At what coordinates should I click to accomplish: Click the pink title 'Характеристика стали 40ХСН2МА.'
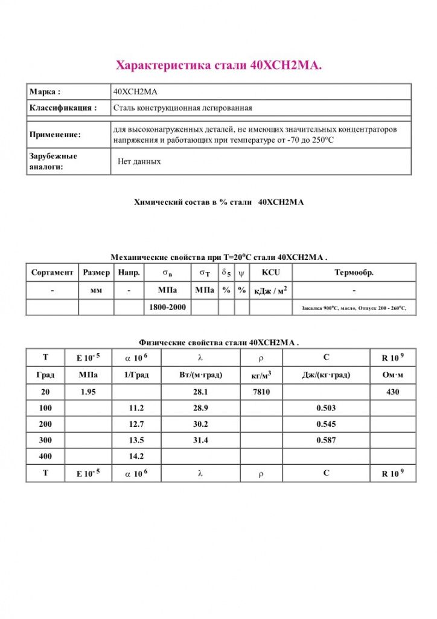(x=218, y=65)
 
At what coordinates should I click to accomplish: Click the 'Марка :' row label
(x=45, y=92)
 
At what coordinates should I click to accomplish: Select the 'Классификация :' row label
(x=63, y=108)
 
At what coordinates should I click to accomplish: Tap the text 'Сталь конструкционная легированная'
(x=182, y=108)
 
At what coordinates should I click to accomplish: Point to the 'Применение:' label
(x=55, y=135)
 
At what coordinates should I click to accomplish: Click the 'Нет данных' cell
(x=139, y=161)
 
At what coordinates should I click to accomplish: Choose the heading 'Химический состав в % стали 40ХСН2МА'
(x=218, y=203)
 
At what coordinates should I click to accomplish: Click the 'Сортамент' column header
(x=53, y=273)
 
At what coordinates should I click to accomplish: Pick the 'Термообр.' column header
(x=354, y=273)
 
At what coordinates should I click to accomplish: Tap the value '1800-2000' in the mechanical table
(x=167, y=308)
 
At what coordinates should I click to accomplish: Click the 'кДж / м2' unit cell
(x=270, y=291)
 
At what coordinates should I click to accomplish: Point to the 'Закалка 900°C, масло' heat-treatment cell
(x=354, y=308)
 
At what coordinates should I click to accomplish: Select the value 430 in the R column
(x=393, y=392)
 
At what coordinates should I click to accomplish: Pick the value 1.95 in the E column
(x=89, y=392)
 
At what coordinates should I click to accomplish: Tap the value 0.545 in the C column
(x=326, y=424)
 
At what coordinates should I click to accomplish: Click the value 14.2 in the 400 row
(x=136, y=456)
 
